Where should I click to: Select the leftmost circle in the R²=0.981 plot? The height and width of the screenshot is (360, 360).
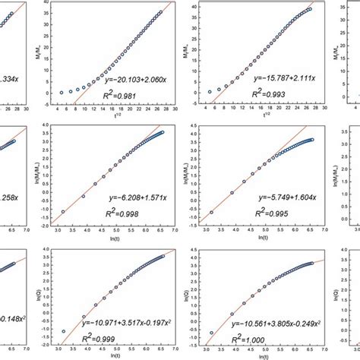[x=62, y=93]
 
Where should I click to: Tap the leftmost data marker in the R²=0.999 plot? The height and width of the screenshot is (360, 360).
[x=62, y=331]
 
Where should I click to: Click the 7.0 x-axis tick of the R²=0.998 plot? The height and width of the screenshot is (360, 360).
[x=172, y=229]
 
